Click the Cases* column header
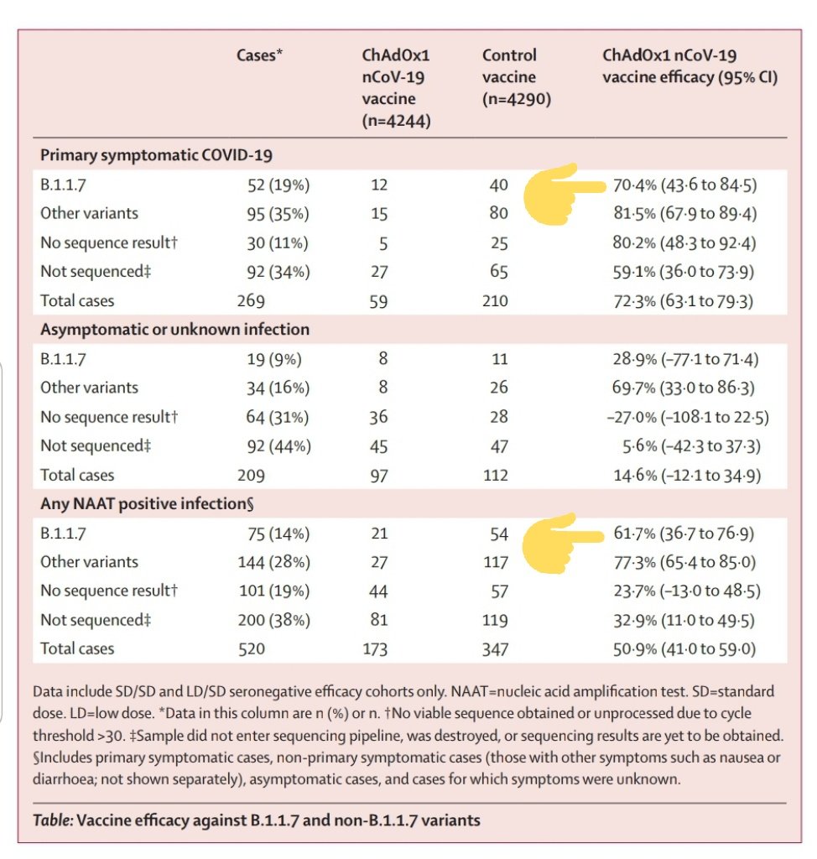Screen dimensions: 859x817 click(260, 56)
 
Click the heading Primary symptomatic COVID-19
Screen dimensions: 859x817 click(156, 155)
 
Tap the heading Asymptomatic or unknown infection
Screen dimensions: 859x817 click(174, 330)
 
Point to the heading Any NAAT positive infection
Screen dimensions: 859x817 click(147, 504)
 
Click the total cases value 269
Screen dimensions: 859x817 click(251, 300)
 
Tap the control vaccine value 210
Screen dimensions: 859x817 click(495, 300)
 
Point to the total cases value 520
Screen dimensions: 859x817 click(251, 648)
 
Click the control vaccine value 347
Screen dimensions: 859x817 click(495, 648)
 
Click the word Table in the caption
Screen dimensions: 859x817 click(51, 820)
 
